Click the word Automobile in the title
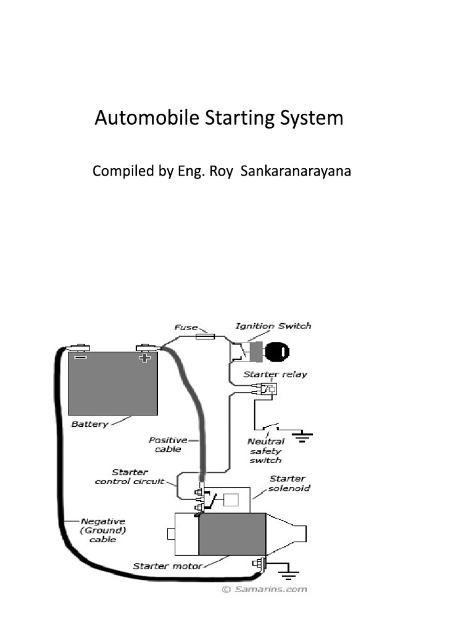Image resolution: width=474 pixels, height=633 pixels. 147,118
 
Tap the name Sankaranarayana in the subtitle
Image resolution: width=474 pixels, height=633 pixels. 296,171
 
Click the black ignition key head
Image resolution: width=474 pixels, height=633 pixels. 277,352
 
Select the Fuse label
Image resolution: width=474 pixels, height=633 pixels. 186,328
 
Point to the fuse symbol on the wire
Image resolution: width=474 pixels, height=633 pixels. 205,336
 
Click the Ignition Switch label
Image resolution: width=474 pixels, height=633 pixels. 273,326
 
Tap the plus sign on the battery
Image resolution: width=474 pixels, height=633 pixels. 144,358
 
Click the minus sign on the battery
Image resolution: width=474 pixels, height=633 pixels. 80,357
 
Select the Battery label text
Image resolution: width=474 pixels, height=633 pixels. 89,424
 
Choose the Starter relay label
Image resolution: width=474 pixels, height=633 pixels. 275,374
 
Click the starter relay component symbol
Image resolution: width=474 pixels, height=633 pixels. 269,389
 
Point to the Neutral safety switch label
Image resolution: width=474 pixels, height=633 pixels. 265,451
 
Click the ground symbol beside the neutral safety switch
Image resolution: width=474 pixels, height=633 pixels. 302,436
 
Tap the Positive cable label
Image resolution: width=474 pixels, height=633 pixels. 168,444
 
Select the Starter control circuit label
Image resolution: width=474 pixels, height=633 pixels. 130,477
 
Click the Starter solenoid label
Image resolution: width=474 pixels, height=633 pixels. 289,483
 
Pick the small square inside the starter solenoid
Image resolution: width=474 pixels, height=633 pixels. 231,499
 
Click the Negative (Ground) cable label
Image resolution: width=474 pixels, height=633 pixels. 103,530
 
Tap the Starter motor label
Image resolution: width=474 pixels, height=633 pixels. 167,566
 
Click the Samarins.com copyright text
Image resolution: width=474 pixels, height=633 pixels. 265,589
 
